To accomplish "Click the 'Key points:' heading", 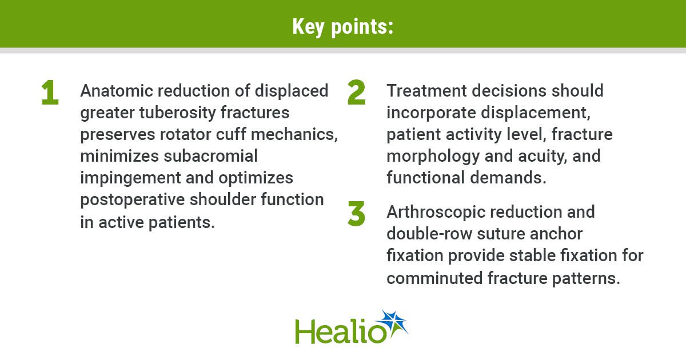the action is (x=342, y=27).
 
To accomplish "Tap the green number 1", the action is (x=50, y=92).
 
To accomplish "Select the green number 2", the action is (x=357, y=92).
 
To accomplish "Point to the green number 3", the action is (x=357, y=214).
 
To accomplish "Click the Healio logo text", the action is (x=340, y=331).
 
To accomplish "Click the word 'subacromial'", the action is (x=211, y=156).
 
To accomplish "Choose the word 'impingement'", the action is (x=131, y=178).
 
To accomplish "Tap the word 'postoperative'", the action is (x=132, y=200).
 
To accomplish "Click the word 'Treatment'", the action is (x=426, y=91).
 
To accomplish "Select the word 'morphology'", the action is (x=433, y=157).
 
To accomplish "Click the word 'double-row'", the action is (x=429, y=234).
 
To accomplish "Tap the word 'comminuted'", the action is (x=434, y=278).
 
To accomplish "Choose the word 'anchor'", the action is (x=556, y=234).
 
